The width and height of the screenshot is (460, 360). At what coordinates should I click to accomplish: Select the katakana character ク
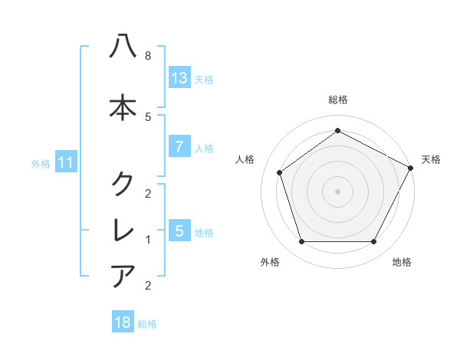[123, 183]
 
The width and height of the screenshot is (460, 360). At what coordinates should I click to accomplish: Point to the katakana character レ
[123, 229]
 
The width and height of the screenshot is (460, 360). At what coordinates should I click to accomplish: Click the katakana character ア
[123, 275]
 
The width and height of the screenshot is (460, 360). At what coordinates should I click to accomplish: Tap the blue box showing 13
[179, 77]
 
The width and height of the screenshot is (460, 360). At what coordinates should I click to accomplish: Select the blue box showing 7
[179, 146]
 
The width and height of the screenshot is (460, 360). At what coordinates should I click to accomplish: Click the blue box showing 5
[179, 231]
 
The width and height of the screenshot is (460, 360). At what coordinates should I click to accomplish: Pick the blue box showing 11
[65, 162]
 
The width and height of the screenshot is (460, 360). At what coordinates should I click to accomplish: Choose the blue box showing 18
[123, 322]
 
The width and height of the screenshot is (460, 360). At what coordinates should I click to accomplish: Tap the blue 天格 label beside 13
[204, 79]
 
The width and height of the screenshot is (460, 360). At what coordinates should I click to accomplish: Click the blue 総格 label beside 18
[147, 324]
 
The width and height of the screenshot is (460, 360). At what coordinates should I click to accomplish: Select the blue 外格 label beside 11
[41, 163]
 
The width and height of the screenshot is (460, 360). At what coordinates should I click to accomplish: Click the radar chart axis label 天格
[431, 159]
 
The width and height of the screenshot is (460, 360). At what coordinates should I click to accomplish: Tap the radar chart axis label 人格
[245, 159]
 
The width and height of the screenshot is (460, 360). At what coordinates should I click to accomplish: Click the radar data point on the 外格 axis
[301, 242]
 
